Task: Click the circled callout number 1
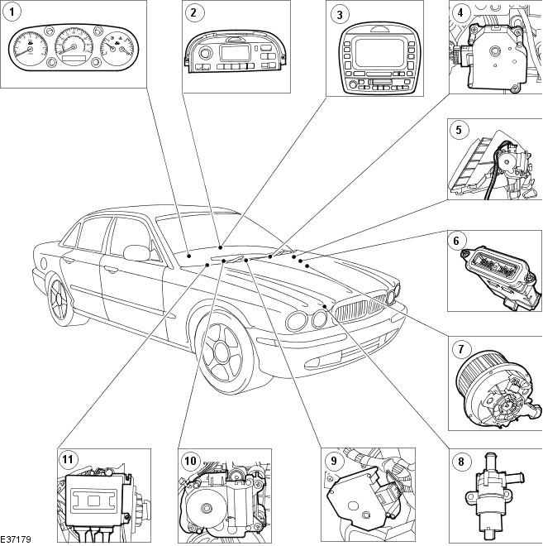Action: point(12,12)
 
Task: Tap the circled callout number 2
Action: point(193,12)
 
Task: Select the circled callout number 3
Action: point(339,12)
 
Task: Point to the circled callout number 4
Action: point(460,12)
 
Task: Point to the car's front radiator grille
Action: point(358,311)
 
